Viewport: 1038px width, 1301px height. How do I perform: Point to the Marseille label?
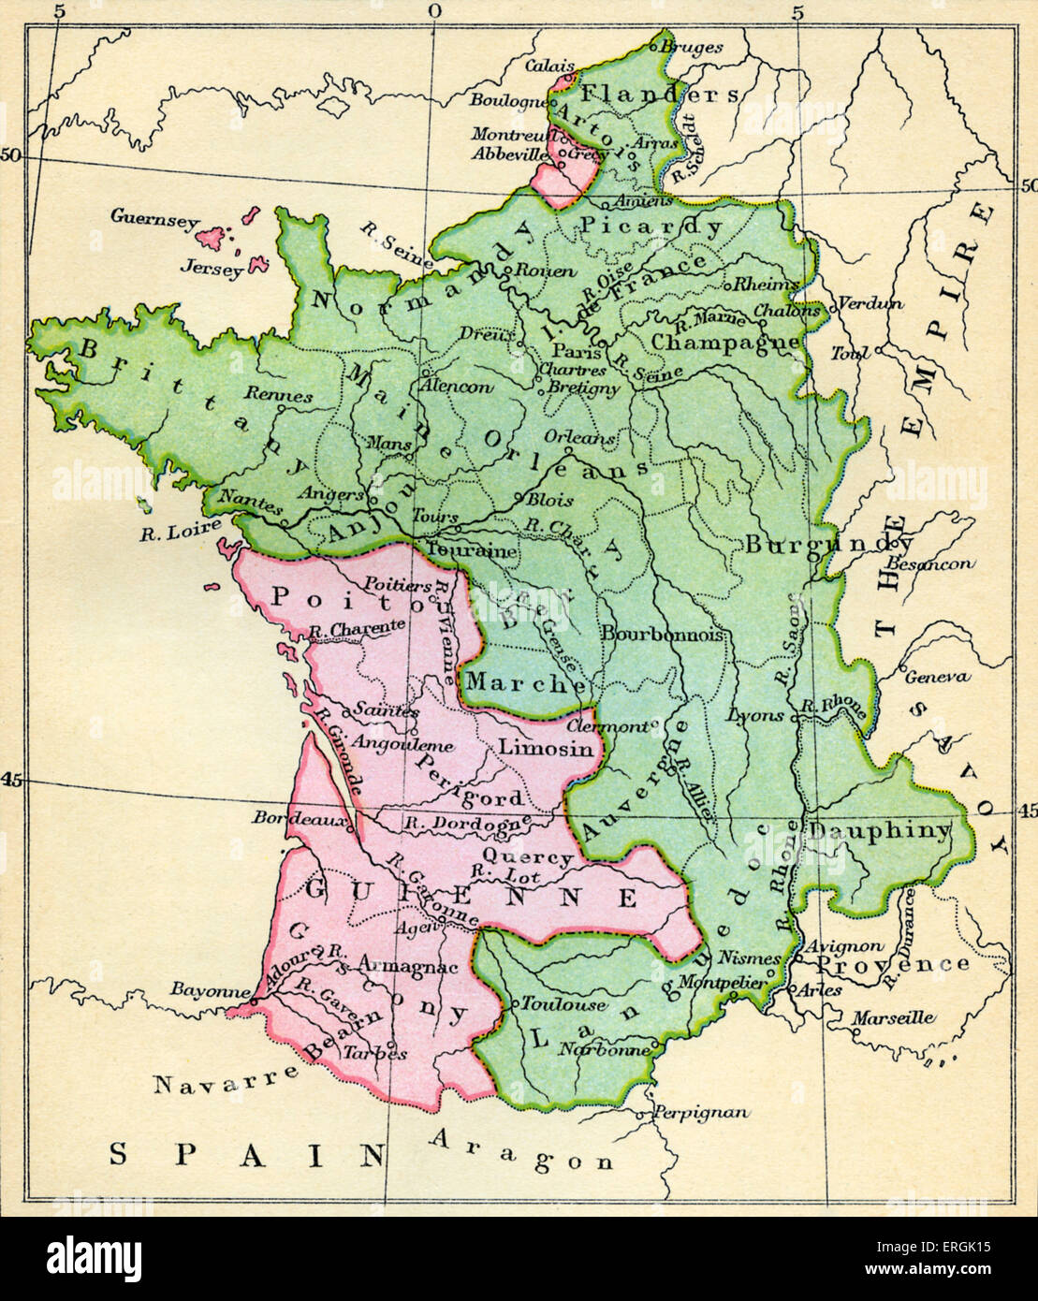pyautogui.click(x=895, y=1018)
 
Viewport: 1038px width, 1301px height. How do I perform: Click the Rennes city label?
pyautogui.click(x=282, y=396)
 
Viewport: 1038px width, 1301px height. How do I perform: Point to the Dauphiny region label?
pyautogui.click(x=879, y=830)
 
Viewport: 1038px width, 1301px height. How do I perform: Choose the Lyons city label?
pyautogui.click(x=755, y=715)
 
